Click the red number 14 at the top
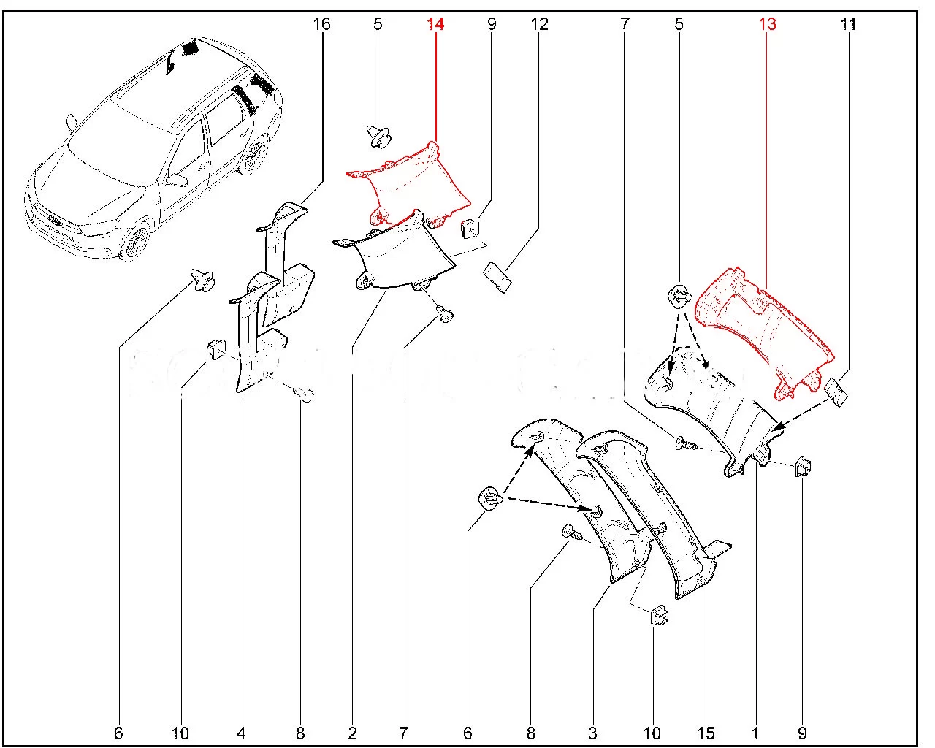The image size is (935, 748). [435, 25]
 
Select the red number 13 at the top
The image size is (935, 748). [767, 25]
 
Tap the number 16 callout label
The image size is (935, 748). [321, 25]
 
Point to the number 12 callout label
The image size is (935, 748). [539, 25]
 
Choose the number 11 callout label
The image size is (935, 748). [847, 25]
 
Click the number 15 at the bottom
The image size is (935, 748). [706, 733]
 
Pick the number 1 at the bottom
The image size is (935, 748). [755, 733]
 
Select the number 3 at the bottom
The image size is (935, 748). [592, 733]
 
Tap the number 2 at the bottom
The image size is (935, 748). [352, 733]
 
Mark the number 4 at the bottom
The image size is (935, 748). [241, 733]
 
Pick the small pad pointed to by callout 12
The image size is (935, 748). [496, 278]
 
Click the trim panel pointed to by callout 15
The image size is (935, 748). [657, 504]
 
